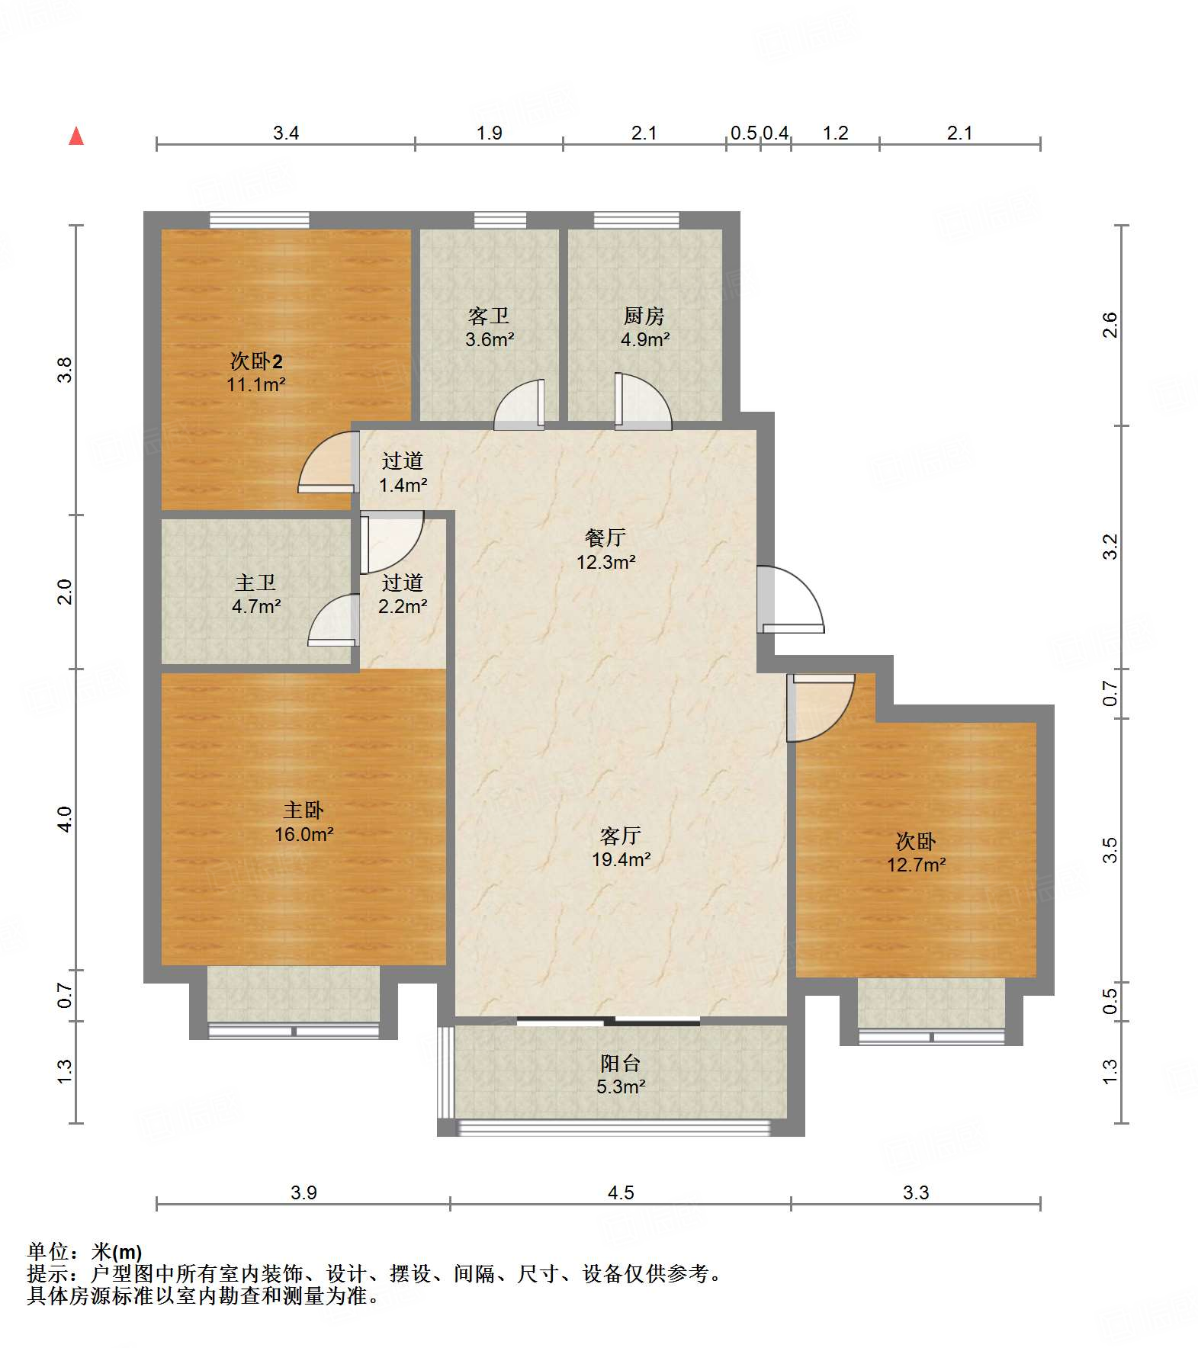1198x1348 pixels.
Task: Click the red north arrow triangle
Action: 76,136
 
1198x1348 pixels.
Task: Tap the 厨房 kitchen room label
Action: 644,327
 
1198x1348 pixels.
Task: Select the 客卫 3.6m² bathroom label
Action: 490,327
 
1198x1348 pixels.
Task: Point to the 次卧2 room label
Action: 256,372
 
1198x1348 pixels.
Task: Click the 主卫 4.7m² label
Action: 256,595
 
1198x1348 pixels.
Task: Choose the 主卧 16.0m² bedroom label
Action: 304,822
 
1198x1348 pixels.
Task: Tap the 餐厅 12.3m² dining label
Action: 605,550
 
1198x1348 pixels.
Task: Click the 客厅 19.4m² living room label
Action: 621,848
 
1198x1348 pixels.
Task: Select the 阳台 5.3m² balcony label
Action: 621,1074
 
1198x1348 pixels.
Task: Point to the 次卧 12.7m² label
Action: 916,852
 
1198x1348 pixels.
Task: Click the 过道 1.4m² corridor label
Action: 403,473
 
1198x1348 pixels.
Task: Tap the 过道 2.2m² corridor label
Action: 403,595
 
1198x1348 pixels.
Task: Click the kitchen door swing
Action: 643,401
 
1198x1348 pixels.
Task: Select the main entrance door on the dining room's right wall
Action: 790,600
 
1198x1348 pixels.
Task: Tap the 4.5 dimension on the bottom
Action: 621,1192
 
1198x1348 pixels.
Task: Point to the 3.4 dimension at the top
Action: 286,133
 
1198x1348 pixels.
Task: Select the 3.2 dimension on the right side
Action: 1110,547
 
